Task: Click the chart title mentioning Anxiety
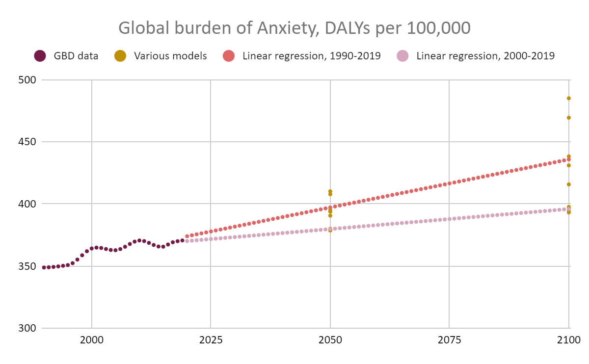294,28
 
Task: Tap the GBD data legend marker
40,56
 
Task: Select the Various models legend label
170,56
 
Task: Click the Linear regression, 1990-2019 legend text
312,56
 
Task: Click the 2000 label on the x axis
92,340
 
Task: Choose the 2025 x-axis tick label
211,340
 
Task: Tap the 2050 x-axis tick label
330,340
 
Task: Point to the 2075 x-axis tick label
449,340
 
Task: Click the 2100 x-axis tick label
568,340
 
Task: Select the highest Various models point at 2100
569,98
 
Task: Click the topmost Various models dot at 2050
330,191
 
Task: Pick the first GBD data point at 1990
44,267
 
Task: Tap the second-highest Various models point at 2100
569,118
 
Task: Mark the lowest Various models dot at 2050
330,230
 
